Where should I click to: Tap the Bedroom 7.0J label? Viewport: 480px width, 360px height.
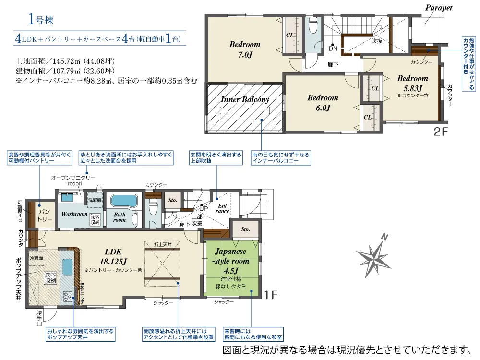(244, 49)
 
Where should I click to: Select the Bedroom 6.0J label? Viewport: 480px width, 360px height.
(323, 103)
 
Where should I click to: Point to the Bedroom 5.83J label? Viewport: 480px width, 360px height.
(412, 83)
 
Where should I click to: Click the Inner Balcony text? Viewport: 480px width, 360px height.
(245, 100)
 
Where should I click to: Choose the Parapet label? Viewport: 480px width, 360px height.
(439, 8)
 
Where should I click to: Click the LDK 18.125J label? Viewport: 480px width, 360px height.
(113, 256)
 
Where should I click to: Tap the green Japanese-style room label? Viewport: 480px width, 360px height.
(231, 261)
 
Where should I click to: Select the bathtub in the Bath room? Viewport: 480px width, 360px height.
(123, 201)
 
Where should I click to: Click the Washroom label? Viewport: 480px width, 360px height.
(74, 214)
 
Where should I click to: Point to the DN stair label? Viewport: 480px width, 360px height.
(333, 48)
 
